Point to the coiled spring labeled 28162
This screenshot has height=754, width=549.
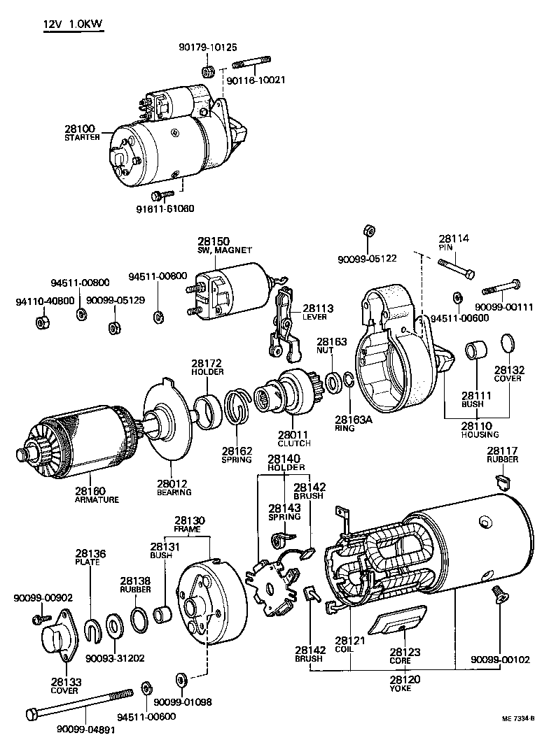(x=238, y=408)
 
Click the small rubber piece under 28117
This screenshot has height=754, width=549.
(x=501, y=481)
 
